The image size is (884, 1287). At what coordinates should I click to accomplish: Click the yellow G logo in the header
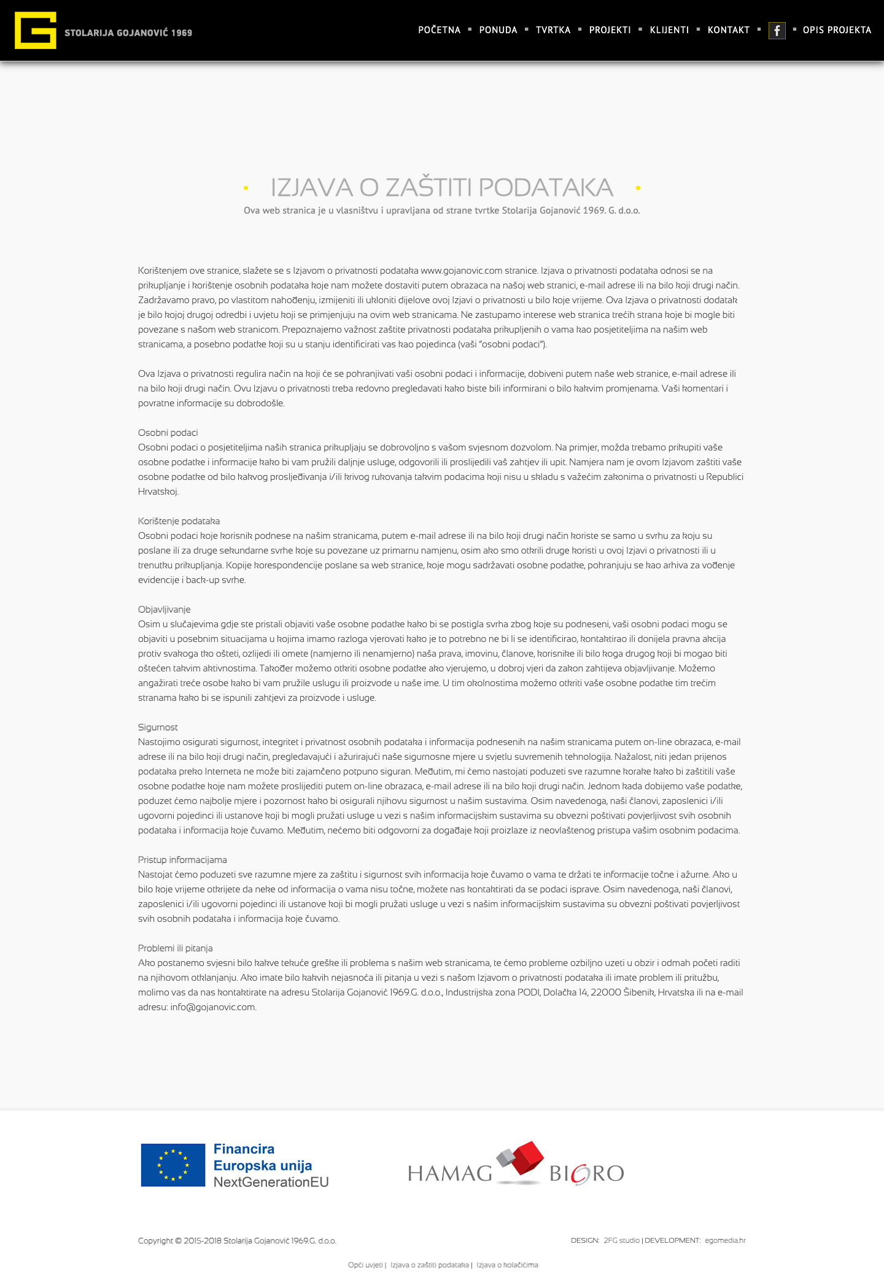click(x=36, y=30)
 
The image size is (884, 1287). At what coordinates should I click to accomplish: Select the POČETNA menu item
click(x=439, y=30)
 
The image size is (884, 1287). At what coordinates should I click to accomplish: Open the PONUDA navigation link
click(x=498, y=30)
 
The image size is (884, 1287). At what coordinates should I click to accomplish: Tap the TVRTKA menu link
click(x=552, y=30)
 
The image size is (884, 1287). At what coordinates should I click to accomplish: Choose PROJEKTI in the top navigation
click(x=610, y=30)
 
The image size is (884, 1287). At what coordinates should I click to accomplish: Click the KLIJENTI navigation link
click(x=669, y=30)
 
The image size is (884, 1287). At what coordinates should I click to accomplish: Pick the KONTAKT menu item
click(x=728, y=30)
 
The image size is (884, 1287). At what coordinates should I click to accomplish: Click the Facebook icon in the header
click(x=777, y=31)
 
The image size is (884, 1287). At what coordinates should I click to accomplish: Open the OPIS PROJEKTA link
click(x=837, y=30)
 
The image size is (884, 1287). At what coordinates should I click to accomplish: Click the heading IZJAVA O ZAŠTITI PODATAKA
click(x=441, y=187)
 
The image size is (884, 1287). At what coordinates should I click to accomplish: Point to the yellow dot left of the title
click(x=246, y=188)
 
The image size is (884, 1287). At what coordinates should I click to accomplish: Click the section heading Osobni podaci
click(x=168, y=433)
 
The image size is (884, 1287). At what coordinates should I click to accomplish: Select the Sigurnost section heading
click(x=158, y=727)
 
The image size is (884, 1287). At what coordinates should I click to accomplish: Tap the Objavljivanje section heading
click(x=164, y=609)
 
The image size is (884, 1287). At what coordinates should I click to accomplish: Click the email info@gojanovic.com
click(x=212, y=1007)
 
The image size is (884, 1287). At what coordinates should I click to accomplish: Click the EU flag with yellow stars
click(x=173, y=1165)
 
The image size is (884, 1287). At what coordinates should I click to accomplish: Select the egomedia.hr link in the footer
click(x=725, y=1240)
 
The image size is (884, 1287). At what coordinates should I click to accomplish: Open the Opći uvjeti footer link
click(x=365, y=1265)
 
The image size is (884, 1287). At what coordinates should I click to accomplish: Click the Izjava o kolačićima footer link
click(x=507, y=1265)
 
